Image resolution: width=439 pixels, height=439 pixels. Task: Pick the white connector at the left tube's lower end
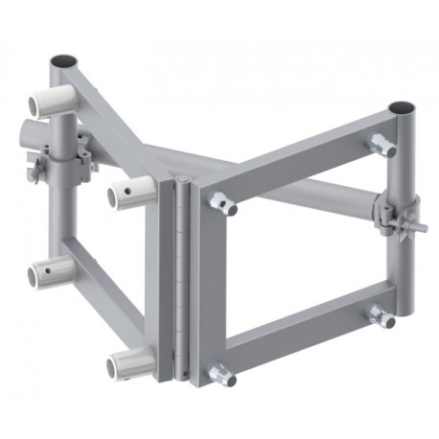47,276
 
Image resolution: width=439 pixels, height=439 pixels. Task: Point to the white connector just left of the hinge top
128,196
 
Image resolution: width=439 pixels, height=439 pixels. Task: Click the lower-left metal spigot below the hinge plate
223,375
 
